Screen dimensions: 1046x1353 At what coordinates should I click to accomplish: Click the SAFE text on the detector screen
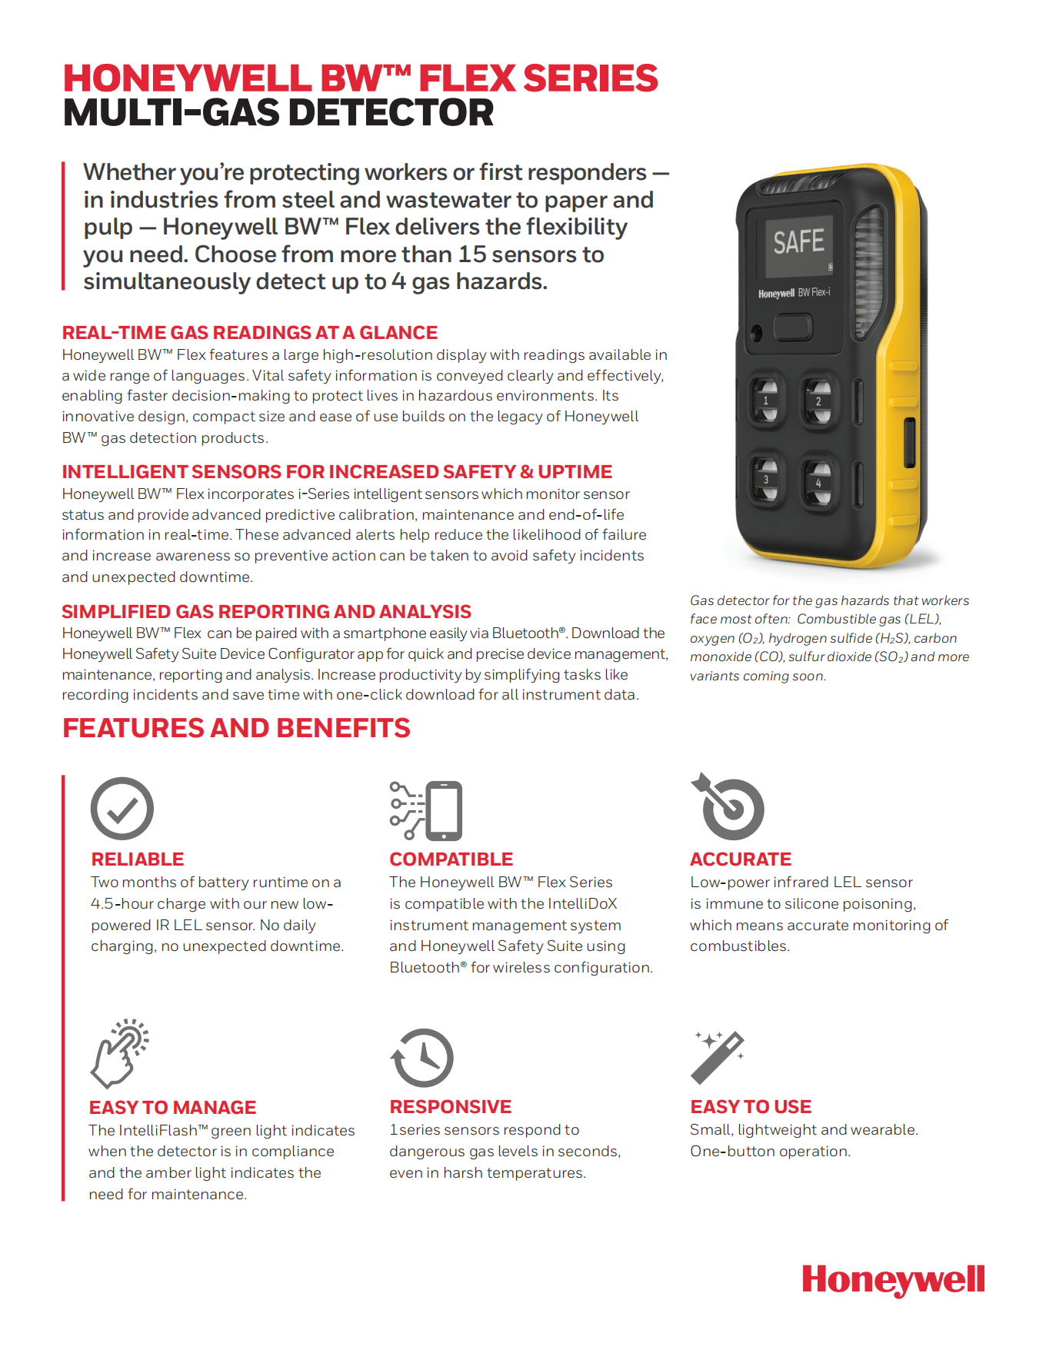(798, 241)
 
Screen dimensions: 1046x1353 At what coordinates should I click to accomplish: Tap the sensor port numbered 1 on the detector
(765, 400)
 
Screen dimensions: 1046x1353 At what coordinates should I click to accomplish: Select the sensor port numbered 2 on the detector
(818, 401)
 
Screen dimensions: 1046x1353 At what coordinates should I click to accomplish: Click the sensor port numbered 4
(818, 482)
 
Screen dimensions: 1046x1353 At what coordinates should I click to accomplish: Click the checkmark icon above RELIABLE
(122, 808)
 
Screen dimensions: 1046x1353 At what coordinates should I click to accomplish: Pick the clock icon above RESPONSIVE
(422, 1058)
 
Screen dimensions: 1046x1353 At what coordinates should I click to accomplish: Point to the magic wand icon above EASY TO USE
(718, 1057)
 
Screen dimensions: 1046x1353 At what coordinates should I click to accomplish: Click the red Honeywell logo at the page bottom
(893, 1280)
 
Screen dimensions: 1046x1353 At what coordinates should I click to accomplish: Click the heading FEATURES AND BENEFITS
(236, 728)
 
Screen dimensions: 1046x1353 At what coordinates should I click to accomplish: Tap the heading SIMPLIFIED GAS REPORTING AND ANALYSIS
(266, 612)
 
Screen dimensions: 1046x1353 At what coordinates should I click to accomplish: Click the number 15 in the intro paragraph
(471, 254)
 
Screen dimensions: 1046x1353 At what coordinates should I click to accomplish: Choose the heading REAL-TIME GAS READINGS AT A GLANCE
(250, 333)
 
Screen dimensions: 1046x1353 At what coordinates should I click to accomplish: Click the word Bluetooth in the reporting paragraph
(526, 633)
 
